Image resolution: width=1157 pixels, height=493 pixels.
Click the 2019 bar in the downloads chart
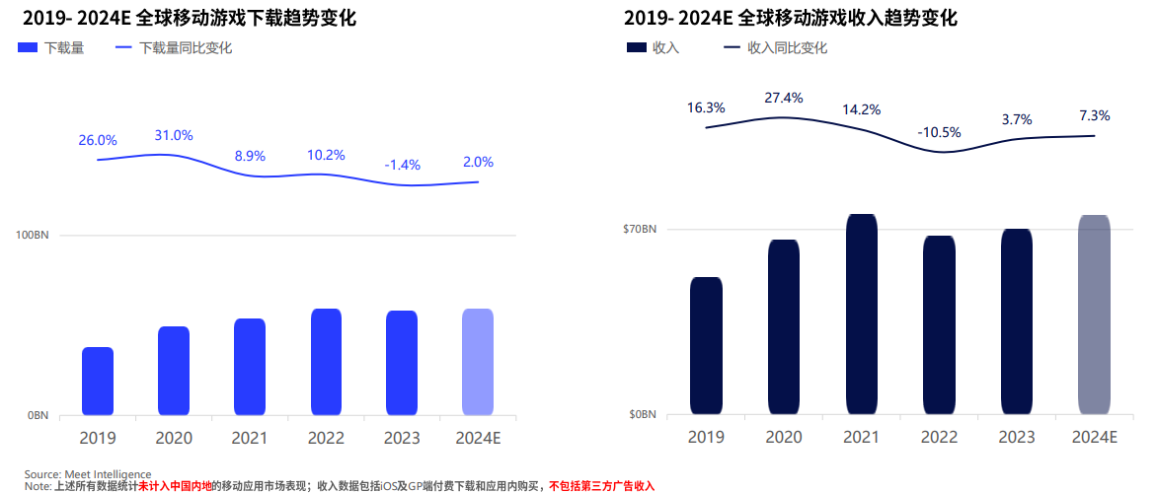(x=98, y=381)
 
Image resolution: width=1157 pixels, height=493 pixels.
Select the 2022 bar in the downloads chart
(x=326, y=362)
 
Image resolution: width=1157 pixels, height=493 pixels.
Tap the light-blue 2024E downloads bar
(x=478, y=362)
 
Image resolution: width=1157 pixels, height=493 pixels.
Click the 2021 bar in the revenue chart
(x=862, y=314)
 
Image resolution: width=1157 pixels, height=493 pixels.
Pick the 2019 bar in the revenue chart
(x=706, y=345)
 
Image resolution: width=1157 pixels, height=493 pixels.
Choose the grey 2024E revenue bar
(x=1094, y=314)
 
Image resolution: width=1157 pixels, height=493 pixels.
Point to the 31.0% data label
(x=174, y=135)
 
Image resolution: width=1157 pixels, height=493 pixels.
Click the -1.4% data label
(x=402, y=164)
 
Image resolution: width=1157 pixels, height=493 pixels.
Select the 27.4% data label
(x=784, y=98)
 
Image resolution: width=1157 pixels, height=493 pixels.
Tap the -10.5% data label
(x=939, y=132)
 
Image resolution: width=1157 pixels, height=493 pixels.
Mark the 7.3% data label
(x=1094, y=115)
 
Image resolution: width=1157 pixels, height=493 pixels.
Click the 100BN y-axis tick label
(x=33, y=236)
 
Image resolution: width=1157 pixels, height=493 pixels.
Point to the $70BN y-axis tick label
(x=639, y=230)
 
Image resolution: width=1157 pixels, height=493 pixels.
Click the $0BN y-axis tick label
(x=642, y=415)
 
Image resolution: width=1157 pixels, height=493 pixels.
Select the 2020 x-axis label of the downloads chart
(x=174, y=438)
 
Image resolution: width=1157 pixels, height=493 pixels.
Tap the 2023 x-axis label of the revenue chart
(x=1017, y=438)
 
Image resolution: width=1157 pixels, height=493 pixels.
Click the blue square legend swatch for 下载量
(x=28, y=47)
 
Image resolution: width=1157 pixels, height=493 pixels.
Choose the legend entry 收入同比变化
(x=787, y=47)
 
